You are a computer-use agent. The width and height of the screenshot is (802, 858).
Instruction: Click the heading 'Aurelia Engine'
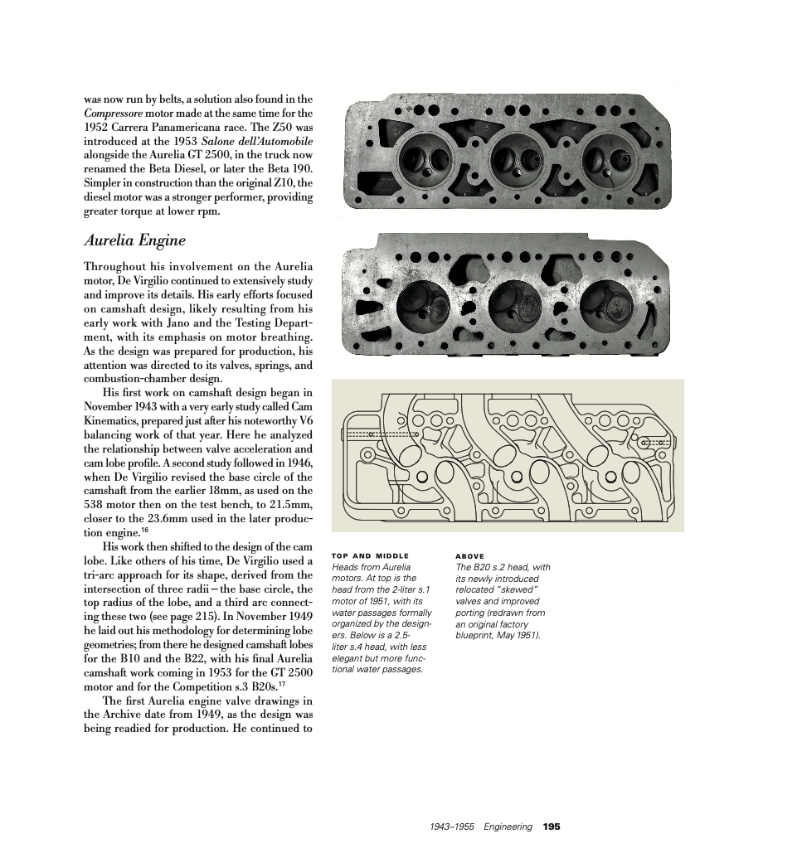pos(134,241)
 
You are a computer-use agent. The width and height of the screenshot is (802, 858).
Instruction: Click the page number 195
pos(552,826)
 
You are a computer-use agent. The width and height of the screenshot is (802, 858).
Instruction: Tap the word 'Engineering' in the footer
pos(508,826)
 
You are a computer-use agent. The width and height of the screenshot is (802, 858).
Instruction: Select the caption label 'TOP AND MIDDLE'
pos(370,556)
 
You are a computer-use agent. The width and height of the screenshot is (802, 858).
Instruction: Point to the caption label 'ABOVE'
pos(470,556)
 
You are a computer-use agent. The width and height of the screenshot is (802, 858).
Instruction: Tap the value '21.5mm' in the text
pos(291,506)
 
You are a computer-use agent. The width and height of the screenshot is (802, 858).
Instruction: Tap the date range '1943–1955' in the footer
pos(452,826)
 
